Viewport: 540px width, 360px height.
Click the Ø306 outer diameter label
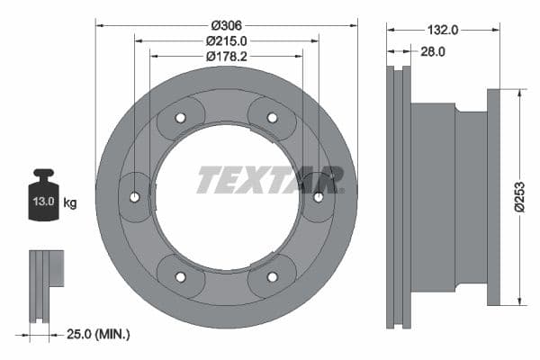(227, 25)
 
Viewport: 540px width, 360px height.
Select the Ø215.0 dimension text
(227, 41)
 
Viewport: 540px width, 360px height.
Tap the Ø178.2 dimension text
(227, 57)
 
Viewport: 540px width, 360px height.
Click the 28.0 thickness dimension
(433, 52)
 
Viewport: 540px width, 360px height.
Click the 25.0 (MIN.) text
(100, 334)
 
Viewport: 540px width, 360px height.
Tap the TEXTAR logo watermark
(270, 179)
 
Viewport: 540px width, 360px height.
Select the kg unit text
(70, 203)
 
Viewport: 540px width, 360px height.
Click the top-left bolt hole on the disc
(180, 118)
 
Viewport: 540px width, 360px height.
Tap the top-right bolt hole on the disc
(272, 118)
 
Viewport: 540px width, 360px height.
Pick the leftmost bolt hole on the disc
(135, 197)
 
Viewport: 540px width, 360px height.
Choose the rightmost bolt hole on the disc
(318, 197)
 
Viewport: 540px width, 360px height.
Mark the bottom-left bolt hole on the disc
(180, 276)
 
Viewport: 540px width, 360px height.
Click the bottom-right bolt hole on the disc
(272, 276)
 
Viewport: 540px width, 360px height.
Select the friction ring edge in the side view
(397, 197)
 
